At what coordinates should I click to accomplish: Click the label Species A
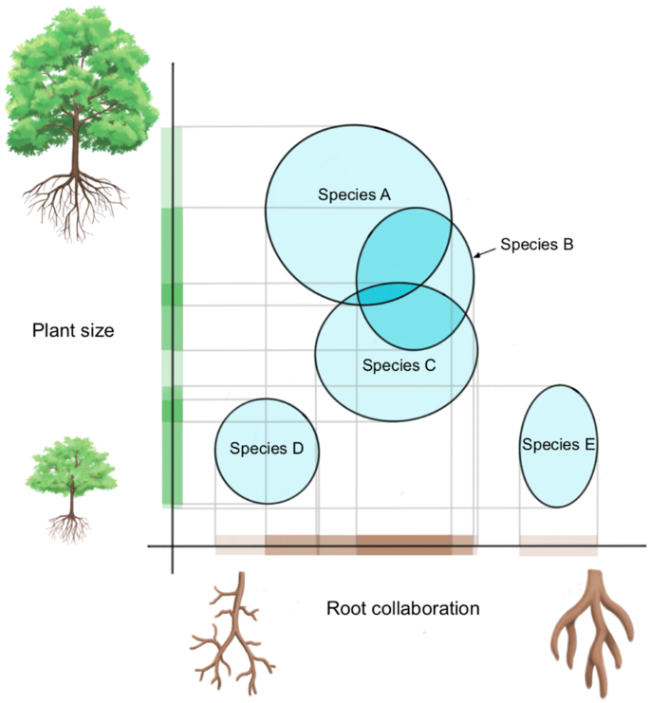(x=352, y=194)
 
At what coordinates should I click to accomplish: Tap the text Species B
(x=536, y=244)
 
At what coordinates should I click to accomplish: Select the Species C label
(x=399, y=364)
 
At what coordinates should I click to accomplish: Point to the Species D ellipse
(x=267, y=474)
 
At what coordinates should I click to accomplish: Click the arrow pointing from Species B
(x=485, y=250)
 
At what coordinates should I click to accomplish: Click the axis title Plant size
(x=73, y=330)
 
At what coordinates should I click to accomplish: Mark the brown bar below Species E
(x=558, y=546)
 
